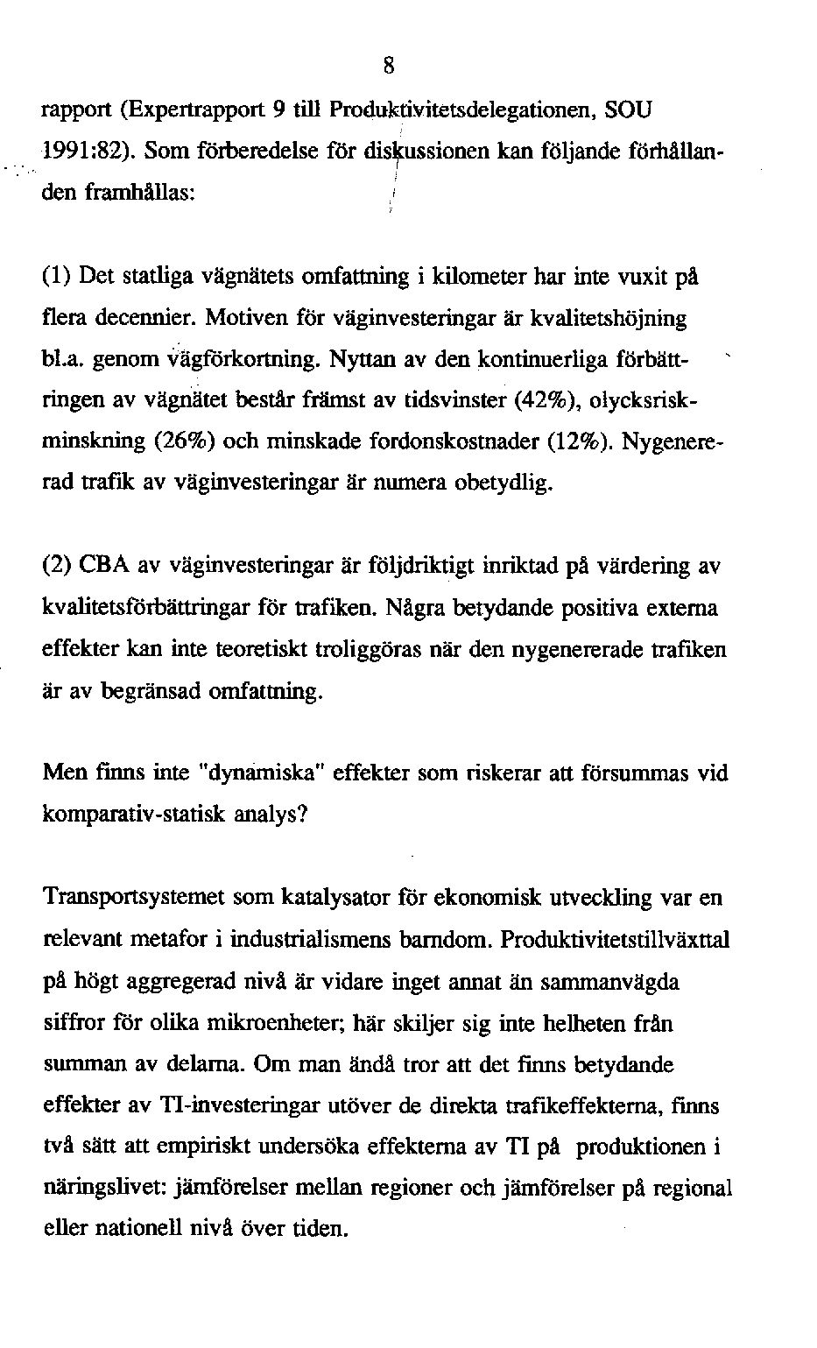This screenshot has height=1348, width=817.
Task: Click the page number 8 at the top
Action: pyautogui.click(x=390, y=66)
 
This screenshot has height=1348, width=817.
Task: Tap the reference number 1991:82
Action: pyautogui.click(x=86, y=152)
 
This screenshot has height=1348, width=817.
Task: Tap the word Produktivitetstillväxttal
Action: pyautogui.click(x=616, y=940)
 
